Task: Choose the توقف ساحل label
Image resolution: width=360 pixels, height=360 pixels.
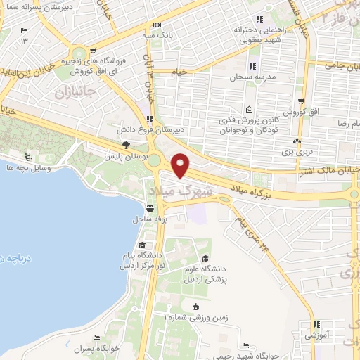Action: (x=150, y=219)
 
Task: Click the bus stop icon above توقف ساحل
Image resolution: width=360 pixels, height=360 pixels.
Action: (x=150, y=208)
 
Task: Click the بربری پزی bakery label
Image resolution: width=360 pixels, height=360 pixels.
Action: (x=301, y=150)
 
